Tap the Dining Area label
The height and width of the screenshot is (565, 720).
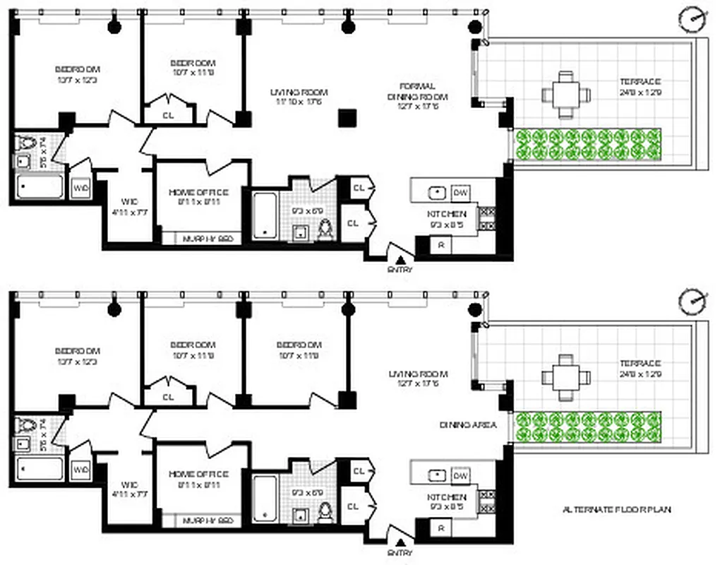click(x=468, y=424)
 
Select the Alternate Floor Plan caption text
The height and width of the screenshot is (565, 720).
click(x=612, y=509)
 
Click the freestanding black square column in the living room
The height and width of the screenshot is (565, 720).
click(x=346, y=118)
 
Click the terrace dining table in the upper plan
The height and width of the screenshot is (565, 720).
click(x=566, y=94)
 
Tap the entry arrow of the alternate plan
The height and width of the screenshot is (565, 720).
click(x=400, y=540)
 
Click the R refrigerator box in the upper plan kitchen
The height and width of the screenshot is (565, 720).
click(x=441, y=245)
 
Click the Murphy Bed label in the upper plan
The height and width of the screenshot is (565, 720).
click(x=208, y=239)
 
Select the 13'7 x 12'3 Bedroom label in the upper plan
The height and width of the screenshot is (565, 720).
click(x=78, y=74)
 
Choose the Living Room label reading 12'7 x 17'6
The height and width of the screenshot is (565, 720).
click(x=418, y=379)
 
